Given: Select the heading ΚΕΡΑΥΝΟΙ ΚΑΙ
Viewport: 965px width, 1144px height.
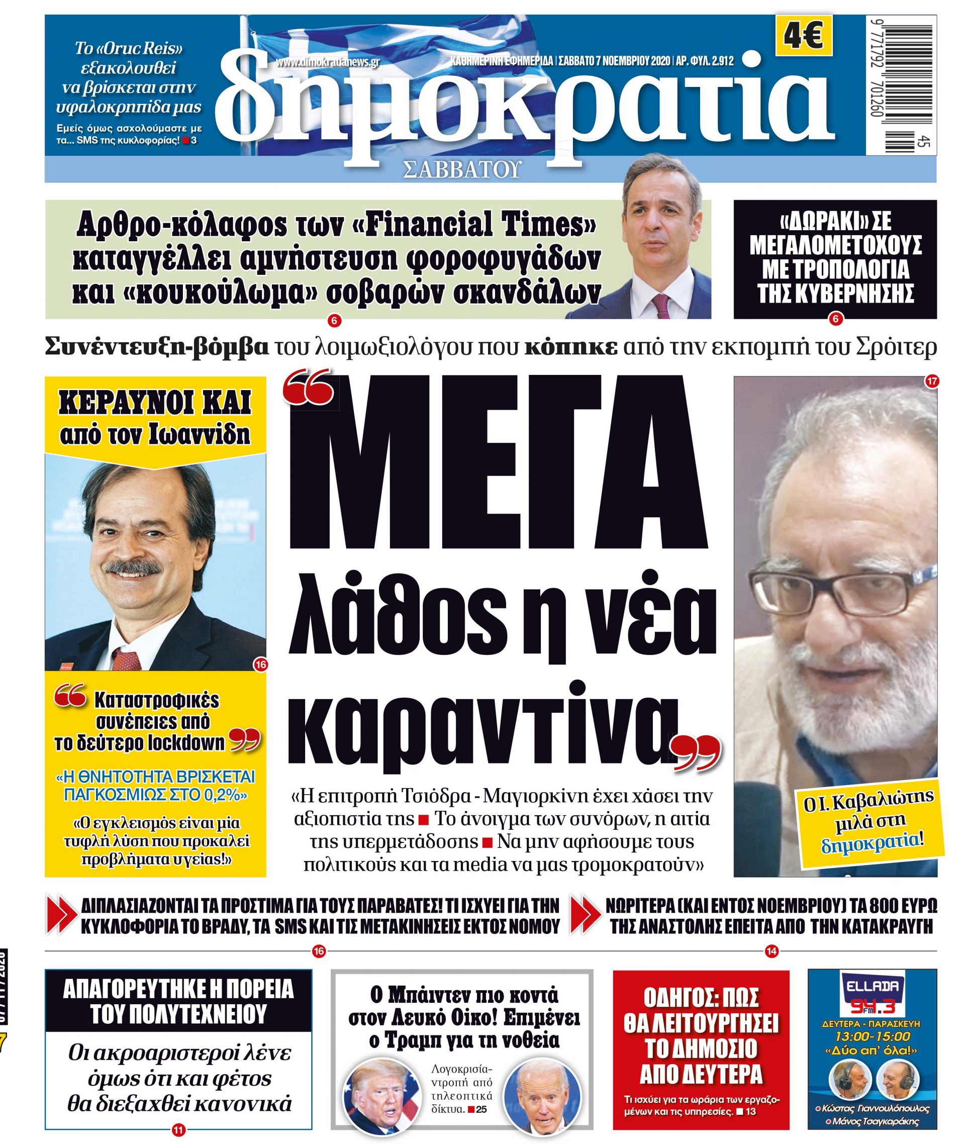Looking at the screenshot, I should [x=155, y=404].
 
